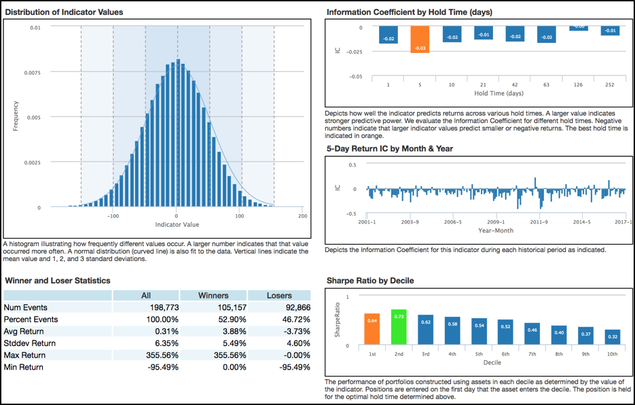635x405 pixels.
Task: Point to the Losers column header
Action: coord(279,296)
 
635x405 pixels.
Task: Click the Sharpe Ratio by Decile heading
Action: coord(369,280)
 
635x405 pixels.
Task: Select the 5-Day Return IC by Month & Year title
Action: coord(390,148)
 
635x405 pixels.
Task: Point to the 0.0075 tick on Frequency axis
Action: coord(31,73)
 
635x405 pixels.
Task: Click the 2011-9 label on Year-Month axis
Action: coord(539,222)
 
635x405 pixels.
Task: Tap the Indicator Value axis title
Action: coord(177,224)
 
